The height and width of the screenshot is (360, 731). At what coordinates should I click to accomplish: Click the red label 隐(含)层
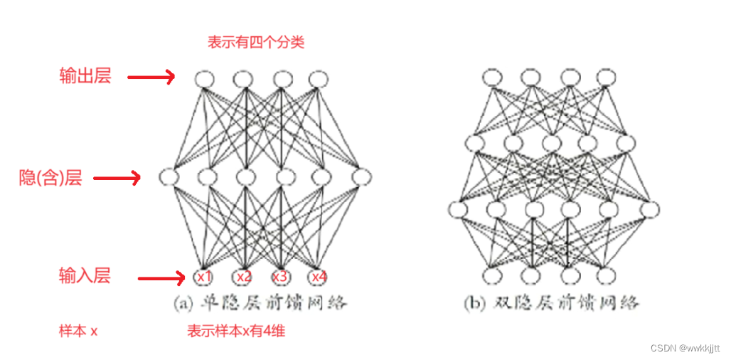[50, 178]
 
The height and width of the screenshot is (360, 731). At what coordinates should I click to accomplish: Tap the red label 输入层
[85, 276]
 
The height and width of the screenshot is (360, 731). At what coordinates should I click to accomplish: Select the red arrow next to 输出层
[151, 77]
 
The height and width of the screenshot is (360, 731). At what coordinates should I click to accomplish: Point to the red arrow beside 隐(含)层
[117, 179]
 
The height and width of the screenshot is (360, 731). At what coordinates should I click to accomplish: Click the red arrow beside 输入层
[161, 277]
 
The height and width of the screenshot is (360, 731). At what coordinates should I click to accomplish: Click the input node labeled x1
[205, 276]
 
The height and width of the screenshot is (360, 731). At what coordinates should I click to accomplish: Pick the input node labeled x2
[243, 276]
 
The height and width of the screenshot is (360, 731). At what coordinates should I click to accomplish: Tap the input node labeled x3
[280, 276]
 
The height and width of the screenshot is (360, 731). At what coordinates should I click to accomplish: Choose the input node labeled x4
[317, 276]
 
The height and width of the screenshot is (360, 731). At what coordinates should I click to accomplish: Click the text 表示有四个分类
[255, 43]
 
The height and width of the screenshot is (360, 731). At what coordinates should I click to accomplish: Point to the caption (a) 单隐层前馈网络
[260, 304]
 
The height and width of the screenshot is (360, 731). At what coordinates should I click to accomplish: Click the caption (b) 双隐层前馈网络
[551, 304]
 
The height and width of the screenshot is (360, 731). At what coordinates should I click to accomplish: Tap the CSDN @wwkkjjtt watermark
[685, 348]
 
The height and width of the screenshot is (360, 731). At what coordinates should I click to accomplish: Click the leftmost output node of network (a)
[205, 78]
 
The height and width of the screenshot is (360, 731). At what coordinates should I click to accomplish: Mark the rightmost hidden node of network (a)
[361, 176]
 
